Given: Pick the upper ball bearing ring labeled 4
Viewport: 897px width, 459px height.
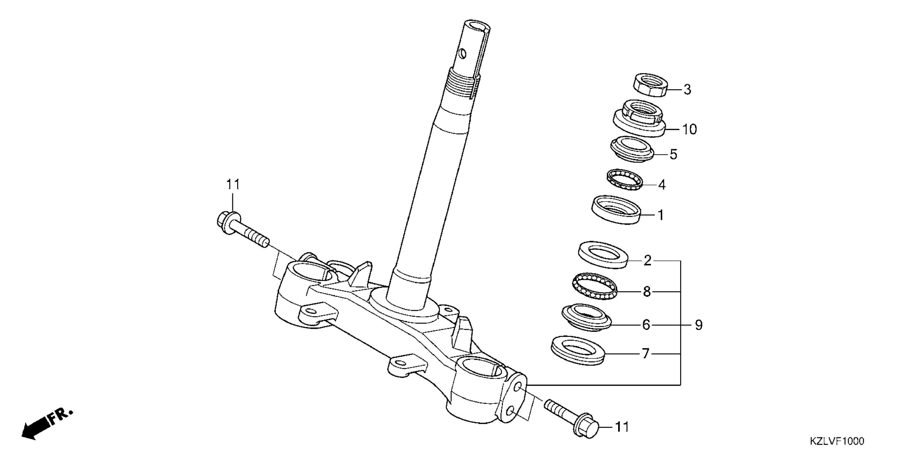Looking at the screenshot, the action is (625, 180).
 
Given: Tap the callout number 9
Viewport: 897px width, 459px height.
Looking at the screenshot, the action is (698, 325).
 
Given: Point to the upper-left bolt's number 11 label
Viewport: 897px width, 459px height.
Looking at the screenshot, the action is (233, 184).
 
